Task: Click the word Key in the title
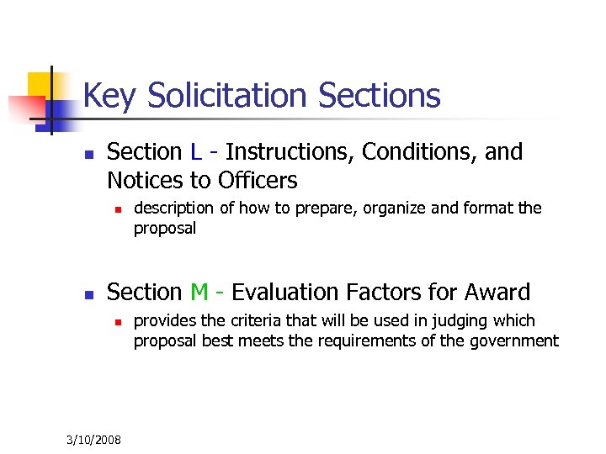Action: (109, 96)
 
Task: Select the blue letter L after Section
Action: (195, 152)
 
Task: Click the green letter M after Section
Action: (199, 293)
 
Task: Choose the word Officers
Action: (258, 180)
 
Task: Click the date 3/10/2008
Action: (93, 440)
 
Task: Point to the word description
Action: (176, 209)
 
